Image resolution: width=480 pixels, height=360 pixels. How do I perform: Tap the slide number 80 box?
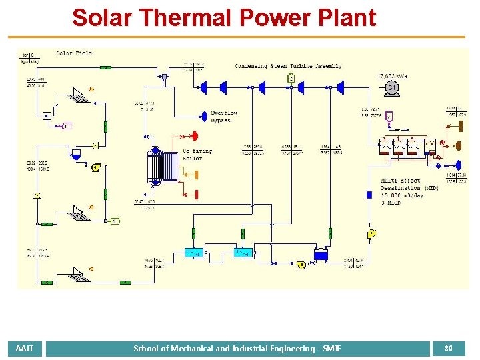449,348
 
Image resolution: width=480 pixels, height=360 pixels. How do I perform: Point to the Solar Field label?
74,53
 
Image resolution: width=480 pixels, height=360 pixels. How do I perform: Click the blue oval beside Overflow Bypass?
204,113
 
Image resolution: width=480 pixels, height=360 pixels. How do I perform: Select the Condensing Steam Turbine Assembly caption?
288,65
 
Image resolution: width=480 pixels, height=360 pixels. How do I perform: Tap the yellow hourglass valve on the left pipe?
37,196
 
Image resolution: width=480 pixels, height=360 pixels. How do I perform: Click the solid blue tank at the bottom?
321,255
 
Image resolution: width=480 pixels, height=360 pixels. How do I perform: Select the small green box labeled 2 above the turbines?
291,78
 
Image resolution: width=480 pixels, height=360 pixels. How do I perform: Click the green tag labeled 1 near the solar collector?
115,221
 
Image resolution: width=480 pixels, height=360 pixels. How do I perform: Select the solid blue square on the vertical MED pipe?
369,195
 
